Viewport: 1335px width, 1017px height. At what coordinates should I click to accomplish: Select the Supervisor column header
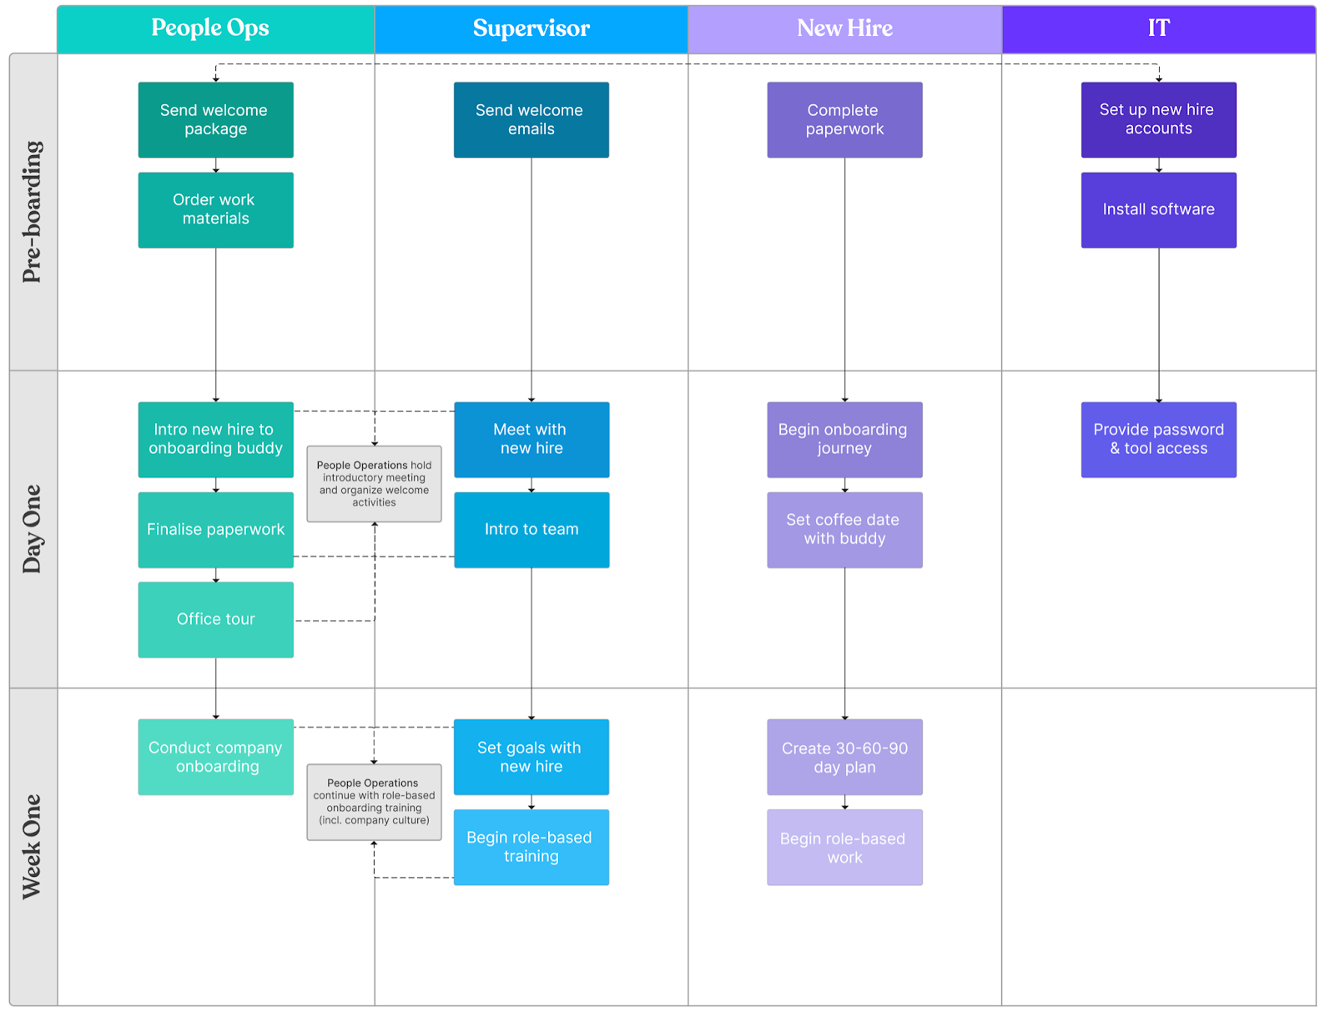[x=531, y=29]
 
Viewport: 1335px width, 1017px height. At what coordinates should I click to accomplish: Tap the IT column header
[x=1158, y=29]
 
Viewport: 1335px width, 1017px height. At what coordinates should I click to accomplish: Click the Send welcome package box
[x=215, y=119]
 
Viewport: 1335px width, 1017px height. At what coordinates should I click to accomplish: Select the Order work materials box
[x=215, y=209]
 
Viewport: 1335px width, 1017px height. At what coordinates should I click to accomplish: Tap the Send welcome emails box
[x=531, y=119]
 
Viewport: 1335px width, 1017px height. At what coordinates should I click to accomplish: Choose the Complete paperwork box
[x=844, y=119]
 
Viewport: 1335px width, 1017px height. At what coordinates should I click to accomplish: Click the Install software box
[x=1158, y=209]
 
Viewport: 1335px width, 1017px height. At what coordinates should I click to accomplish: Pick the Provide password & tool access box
[x=1158, y=439]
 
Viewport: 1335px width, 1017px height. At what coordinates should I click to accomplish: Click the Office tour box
[x=215, y=619]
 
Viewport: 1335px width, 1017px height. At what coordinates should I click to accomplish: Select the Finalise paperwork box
[x=215, y=529]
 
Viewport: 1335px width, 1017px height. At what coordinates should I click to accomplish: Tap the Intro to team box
[x=531, y=529]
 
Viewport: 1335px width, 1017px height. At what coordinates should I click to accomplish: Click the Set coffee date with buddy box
[x=844, y=529]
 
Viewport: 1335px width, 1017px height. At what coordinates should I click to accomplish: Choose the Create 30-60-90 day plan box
[x=844, y=757]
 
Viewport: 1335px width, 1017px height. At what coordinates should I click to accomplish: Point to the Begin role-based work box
[x=844, y=847]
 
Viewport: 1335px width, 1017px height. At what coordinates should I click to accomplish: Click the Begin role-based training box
[x=531, y=847]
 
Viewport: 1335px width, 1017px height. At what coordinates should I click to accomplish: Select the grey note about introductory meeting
[x=374, y=484]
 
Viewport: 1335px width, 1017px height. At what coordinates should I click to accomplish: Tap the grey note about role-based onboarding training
[x=374, y=802]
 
